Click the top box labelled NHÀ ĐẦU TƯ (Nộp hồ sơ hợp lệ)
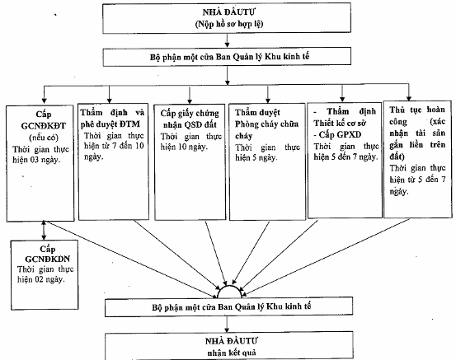pyautogui.click(x=227, y=18)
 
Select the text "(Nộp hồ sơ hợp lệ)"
pyautogui.click(x=229, y=24)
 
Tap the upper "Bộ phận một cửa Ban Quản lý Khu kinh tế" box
pyautogui.click(x=227, y=57)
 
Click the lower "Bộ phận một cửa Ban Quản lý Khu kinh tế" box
pyautogui.click(x=229, y=306)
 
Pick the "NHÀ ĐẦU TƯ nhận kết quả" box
pyautogui.click(x=229, y=347)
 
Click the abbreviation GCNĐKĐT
pyautogui.click(x=44, y=126)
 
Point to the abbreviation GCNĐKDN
pyautogui.click(x=47, y=259)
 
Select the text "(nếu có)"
pyautogui.click(x=44, y=138)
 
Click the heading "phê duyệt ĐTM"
pyautogui.click(x=110, y=124)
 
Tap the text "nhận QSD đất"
pyautogui.click(x=190, y=125)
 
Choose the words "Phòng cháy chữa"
pyautogui.click(x=266, y=124)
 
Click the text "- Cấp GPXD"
pyautogui.click(x=337, y=135)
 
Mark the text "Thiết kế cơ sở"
pyautogui.click(x=340, y=124)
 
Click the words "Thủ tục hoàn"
pyautogui.click(x=417, y=110)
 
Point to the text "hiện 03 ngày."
pyautogui.click(x=36, y=160)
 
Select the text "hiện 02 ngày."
pyautogui.click(x=40, y=279)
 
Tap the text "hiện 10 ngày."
pyautogui.click(x=184, y=147)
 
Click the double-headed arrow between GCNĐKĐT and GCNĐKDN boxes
pyautogui.click(x=44, y=230)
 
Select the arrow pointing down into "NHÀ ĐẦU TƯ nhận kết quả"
pyautogui.click(x=227, y=325)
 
